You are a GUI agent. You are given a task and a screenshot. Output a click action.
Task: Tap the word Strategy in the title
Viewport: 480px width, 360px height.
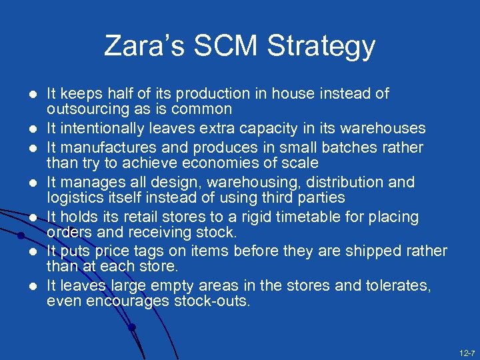(321, 47)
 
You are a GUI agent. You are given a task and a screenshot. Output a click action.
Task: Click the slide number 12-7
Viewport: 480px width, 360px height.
(467, 351)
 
